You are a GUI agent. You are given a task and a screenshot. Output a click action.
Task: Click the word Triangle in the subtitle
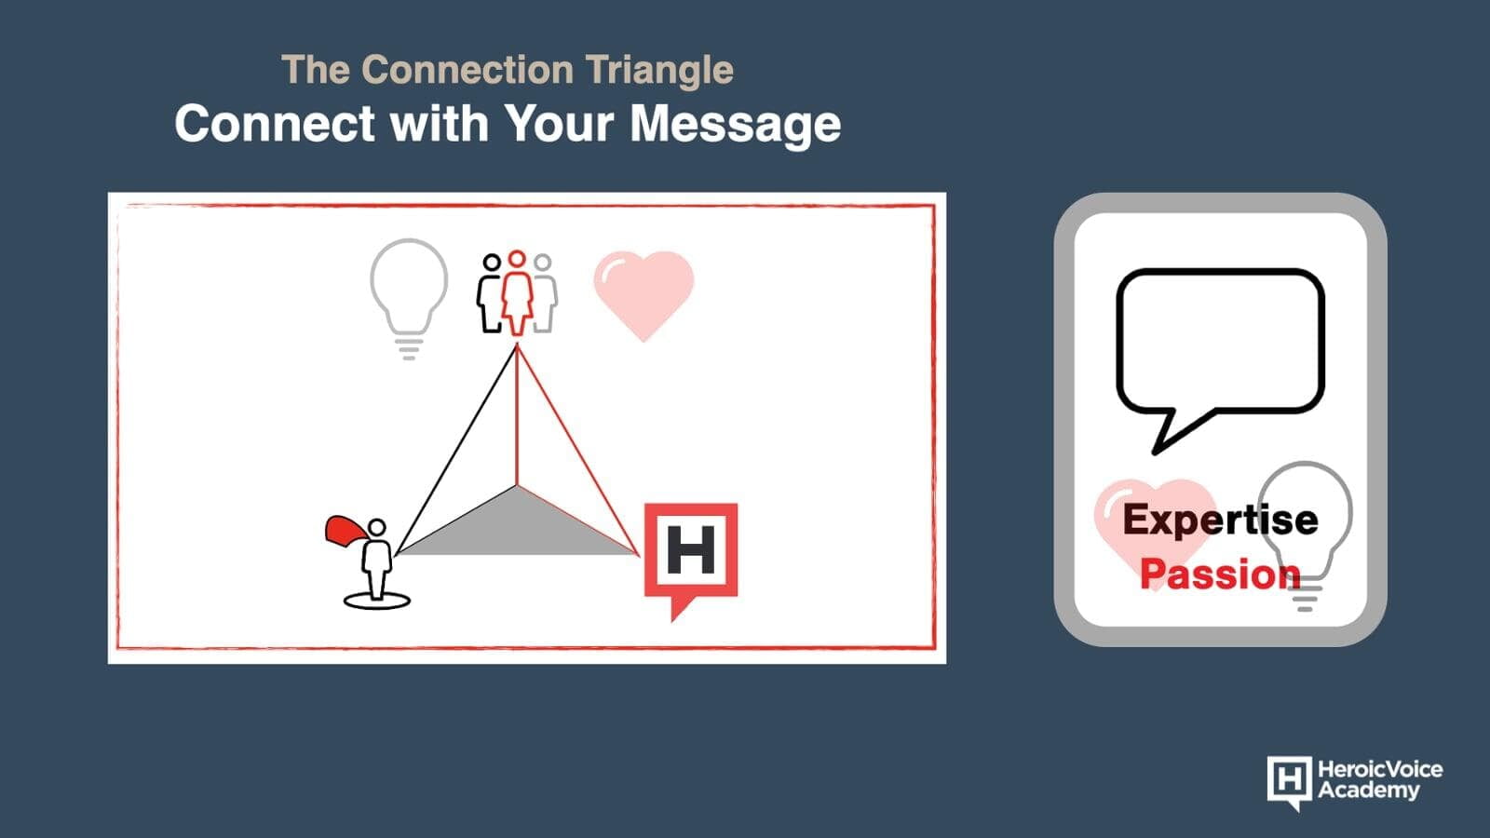pos(659,71)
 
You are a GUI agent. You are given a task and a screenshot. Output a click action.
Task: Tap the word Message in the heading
pos(735,125)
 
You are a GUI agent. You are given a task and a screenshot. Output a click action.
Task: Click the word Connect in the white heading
pos(275,124)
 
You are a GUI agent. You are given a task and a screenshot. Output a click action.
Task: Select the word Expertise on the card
pos(1220,520)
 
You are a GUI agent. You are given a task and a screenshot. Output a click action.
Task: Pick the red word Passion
pos(1220,574)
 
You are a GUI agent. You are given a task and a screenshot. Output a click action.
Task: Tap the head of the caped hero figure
pos(377,527)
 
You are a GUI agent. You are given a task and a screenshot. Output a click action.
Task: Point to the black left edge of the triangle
pos(456,450)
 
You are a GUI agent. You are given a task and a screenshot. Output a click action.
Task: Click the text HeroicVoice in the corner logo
pos(1380,770)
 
